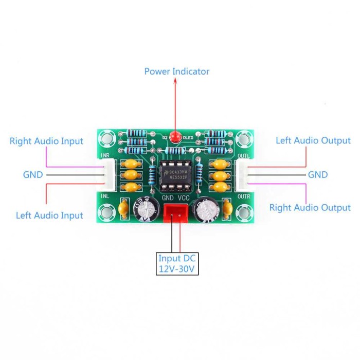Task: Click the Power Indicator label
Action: pos(176,71)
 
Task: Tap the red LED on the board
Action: pos(175,137)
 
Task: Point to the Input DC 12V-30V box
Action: pos(177,264)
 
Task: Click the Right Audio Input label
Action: pos(46,141)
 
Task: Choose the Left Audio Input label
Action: pos(49,215)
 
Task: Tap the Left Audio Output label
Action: pos(313,140)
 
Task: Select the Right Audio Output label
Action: pos(310,208)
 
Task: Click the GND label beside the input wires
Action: pos(33,175)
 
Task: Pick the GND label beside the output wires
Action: pos(318,175)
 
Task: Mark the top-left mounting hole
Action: pos(107,138)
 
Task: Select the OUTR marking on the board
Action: pos(243,196)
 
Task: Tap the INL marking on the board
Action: pos(105,196)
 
